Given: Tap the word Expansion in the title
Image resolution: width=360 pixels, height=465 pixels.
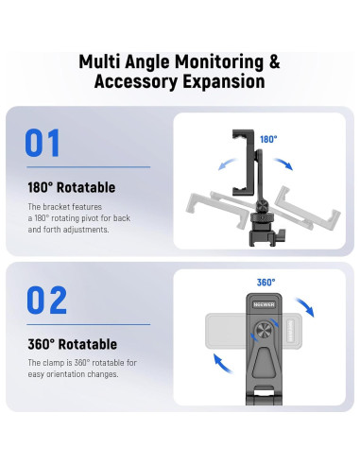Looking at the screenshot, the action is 224,81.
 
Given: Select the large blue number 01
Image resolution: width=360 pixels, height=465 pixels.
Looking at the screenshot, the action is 43,143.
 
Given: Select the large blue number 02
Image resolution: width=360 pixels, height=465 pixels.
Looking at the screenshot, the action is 46,300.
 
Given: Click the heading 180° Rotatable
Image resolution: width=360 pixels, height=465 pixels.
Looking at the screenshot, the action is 72,187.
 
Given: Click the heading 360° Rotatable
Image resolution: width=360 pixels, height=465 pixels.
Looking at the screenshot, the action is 72,344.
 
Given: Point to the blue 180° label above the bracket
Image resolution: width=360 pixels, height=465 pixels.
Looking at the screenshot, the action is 268,139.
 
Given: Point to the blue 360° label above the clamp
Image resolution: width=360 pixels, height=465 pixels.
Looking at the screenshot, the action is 266,283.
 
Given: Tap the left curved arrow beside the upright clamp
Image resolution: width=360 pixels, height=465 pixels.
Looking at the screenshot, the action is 228,164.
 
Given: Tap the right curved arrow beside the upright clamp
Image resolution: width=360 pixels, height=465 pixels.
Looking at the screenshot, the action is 283,164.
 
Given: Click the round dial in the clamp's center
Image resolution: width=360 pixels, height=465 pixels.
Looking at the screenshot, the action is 264,331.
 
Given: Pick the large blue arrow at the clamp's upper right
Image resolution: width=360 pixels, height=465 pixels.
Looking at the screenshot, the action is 305,306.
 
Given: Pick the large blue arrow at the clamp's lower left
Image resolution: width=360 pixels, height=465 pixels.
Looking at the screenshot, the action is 222,363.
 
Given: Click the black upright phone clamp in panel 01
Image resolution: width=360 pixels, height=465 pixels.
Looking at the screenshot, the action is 244,163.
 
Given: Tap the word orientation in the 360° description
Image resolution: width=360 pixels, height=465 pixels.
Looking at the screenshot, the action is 66,374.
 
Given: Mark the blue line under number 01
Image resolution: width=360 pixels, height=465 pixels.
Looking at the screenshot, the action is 89,167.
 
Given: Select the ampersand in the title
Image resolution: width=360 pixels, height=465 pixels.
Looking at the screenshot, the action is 274,62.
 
